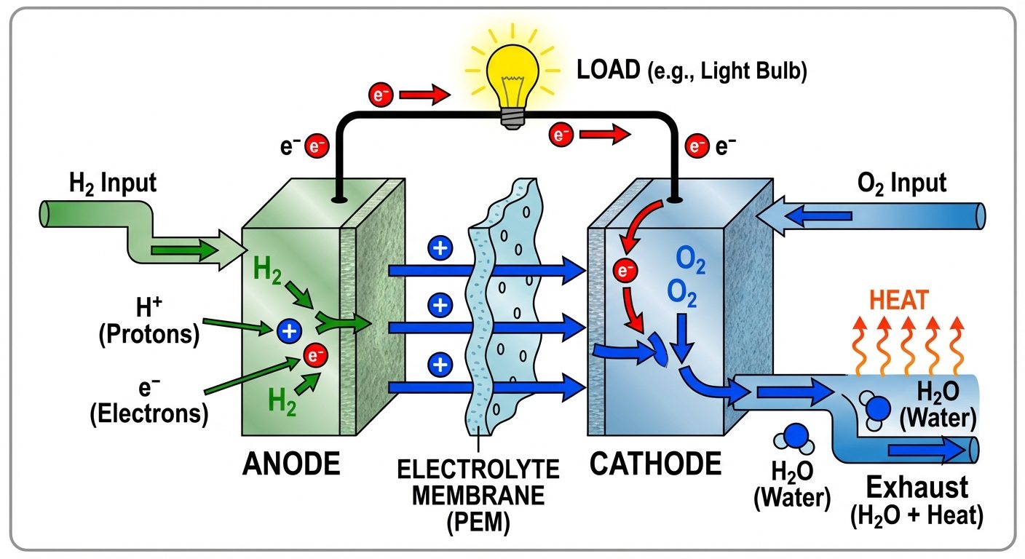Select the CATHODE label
pos(655,463)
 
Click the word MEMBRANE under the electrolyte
pos(478,496)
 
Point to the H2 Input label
pos(113,182)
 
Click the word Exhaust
pos(917,486)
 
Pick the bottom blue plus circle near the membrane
pos(439,362)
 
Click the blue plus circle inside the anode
pos(288,332)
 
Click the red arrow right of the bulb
pos(607,134)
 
